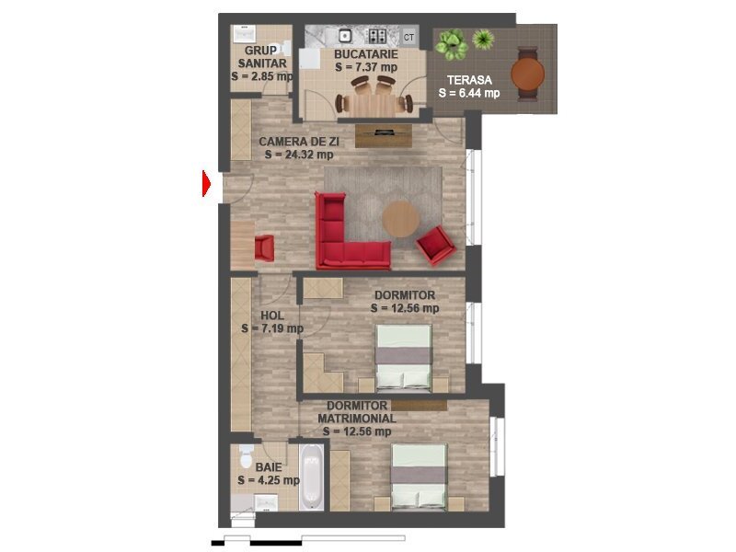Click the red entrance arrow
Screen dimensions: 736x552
206,183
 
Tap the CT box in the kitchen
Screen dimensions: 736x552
408,37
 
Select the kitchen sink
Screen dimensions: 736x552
345,35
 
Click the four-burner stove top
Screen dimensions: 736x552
377,36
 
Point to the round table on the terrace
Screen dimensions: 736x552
527,75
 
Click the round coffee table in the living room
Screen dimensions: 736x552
400,219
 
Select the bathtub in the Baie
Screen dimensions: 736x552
311,477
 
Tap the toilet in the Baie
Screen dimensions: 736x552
246,456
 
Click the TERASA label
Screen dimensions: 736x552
469,80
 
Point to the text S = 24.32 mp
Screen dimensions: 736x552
299,155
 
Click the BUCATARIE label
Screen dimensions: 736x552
366,54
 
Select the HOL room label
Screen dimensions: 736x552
272,316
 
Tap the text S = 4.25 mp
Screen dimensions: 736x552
269,480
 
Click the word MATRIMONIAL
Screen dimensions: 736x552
357,419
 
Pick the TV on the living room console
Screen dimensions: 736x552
384,132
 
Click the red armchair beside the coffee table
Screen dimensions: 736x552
435,246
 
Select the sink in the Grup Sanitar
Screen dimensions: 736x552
244,34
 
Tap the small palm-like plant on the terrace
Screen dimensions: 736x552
484,39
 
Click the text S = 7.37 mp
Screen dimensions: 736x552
366,67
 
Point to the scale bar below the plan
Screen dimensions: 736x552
308,541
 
